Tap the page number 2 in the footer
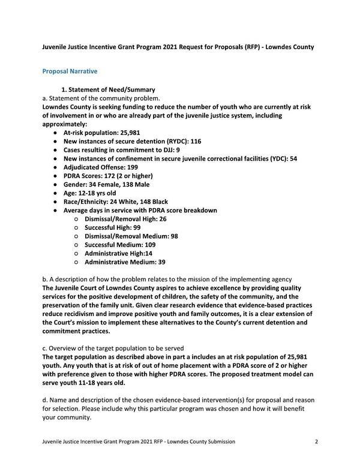(x=316, y=441)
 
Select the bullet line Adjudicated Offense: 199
(x=101, y=167)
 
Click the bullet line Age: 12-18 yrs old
(x=90, y=193)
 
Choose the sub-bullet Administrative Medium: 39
(x=125, y=263)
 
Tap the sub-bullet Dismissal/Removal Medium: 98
(x=131, y=236)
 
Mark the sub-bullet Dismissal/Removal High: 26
(x=125, y=220)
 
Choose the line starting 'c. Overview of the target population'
(x=112, y=348)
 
